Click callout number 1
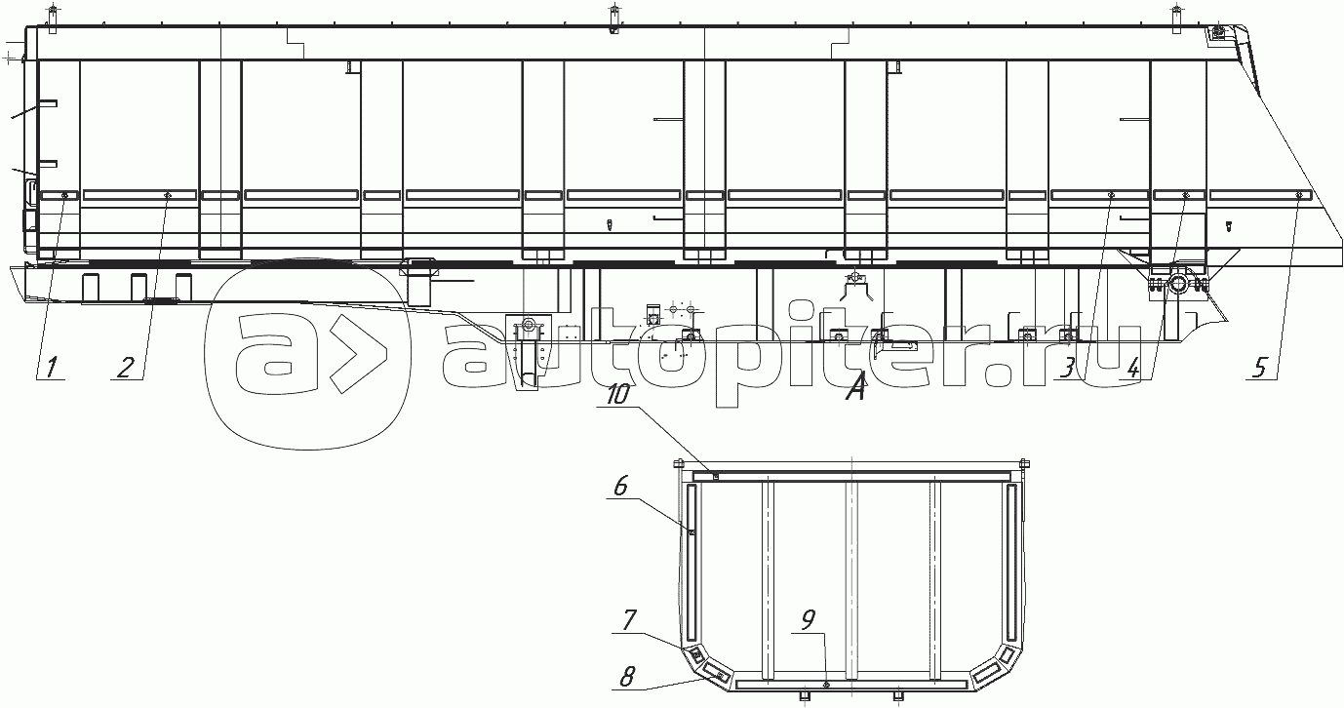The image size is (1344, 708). [x=51, y=368]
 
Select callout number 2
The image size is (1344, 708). [x=126, y=368]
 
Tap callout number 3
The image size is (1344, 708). [x=1070, y=368]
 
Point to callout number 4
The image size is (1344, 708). [x=1132, y=369]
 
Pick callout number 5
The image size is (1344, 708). [x=1260, y=368]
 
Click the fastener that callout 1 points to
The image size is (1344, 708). [x=64, y=196]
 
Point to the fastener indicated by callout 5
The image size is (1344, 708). [x=1299, y=196]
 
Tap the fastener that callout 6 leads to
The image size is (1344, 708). [x=692, y=531]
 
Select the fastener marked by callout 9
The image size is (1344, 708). [x=826, y=686]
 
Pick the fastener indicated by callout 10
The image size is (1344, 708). [x=716, y=477]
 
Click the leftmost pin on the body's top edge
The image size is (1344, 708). [x=53, y=17]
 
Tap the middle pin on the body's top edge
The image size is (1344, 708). [x=613, y=17]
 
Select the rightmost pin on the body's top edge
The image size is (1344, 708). [x=1175, y=17]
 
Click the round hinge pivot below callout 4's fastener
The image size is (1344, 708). [x=1177, y=284]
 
